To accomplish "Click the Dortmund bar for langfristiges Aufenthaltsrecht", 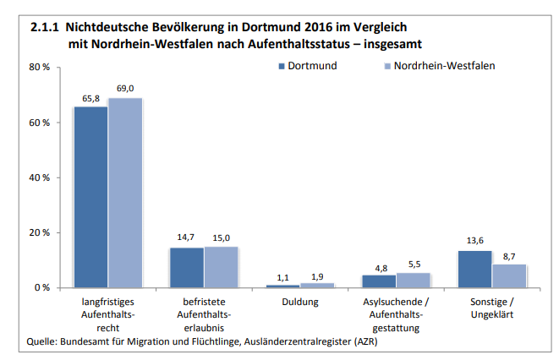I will [x=90, y=197].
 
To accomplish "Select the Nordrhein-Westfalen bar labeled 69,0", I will [x=124, y=193].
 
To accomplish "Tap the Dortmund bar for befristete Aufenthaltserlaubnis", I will [x=186, y=267].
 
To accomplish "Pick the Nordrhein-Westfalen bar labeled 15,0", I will [x=221, y=267].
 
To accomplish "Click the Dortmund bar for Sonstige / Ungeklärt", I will [x=474, y=269].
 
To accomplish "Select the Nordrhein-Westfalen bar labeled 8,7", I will [x=509, y=275].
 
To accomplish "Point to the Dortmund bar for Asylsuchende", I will [x=378, y=281].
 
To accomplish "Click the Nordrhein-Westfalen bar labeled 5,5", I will [x=413, y=280].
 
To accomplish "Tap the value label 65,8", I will [x=91, y=98].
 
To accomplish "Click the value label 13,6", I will [x=474, y=241].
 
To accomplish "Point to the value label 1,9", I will [x=317, y=276].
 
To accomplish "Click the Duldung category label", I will [x=299, y=301].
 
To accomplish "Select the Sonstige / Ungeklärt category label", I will [x=491, y=308].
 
